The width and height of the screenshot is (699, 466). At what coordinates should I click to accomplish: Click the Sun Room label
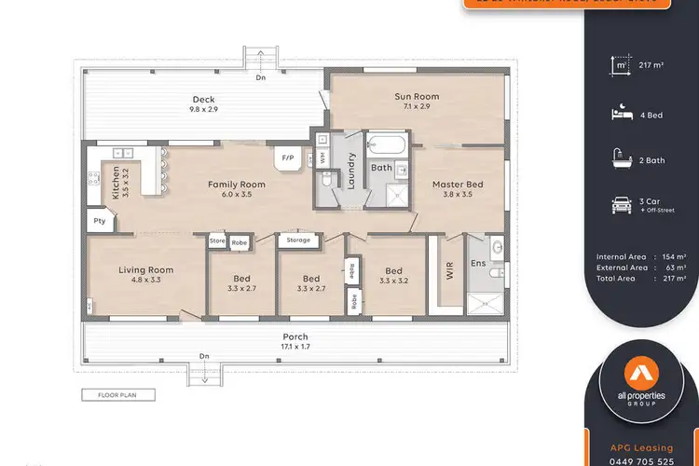tap(417, 102)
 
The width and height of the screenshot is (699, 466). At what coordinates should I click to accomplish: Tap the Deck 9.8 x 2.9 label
tap(204, 104)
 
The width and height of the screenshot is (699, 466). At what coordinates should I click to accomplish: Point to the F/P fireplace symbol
tap(288, 159)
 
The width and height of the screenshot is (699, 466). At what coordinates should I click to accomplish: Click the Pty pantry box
tap(99, 221)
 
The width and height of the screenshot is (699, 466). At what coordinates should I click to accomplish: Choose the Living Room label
tap(145, 275)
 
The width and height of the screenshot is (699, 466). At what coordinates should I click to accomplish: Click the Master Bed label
tap(457, 189)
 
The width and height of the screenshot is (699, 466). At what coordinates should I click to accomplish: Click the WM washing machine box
tap(322, 157)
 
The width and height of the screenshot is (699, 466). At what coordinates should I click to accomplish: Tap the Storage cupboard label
tap(298, 240)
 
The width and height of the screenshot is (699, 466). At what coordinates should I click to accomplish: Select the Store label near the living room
tap(217, 240)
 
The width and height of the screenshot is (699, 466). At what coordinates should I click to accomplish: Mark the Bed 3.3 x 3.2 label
tap(393, 275)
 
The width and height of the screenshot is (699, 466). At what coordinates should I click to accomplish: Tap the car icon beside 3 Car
tap(621, 206)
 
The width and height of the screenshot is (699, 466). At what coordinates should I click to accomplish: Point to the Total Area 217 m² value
tap(669, 278)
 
